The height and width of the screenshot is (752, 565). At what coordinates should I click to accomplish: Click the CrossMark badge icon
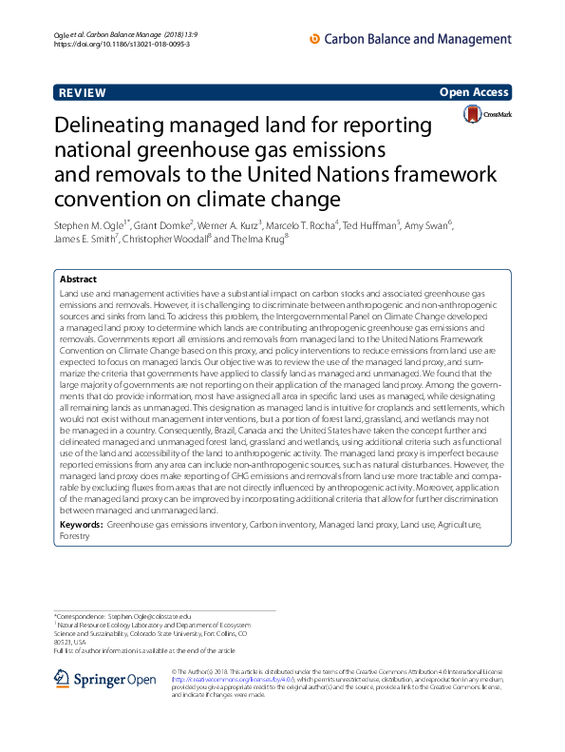tap(487, 114)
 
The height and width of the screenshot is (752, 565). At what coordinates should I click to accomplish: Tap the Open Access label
tap(475, 92)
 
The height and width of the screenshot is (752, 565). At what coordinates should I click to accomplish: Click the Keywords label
tap(82, 525)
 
